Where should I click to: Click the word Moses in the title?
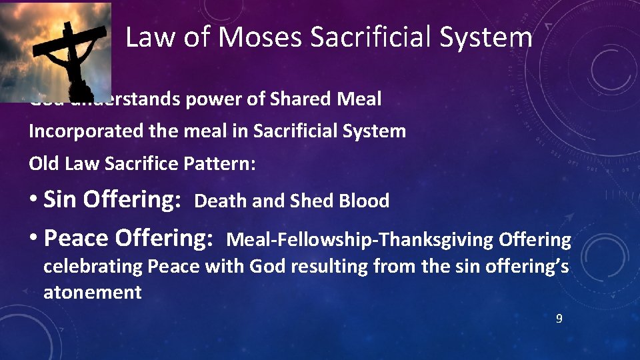pyautogui.click(x=259, y=37)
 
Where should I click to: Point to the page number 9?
pyautogui.click(x=559, y=319)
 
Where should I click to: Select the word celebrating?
pyautogui.click(x=93, y=267)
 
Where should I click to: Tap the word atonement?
pyautogui.click(x=92, y=292)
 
